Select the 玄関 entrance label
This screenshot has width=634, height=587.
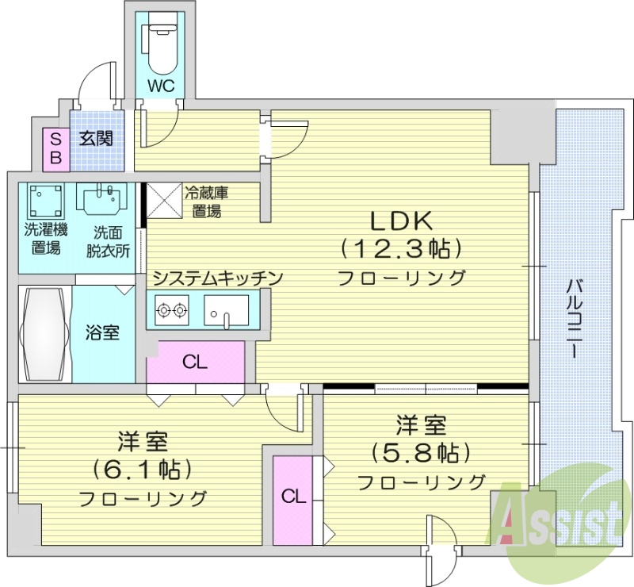[96, 138]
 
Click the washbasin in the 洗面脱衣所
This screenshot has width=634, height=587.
[102, 198]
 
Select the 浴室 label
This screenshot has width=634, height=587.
[102, 332]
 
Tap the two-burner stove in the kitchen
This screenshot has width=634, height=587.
[172, 309]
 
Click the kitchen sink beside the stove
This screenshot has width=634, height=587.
[226, 309]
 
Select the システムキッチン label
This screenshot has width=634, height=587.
[217, 278]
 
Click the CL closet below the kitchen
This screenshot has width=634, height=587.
[195, 363]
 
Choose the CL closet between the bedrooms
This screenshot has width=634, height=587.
[293, 497]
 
